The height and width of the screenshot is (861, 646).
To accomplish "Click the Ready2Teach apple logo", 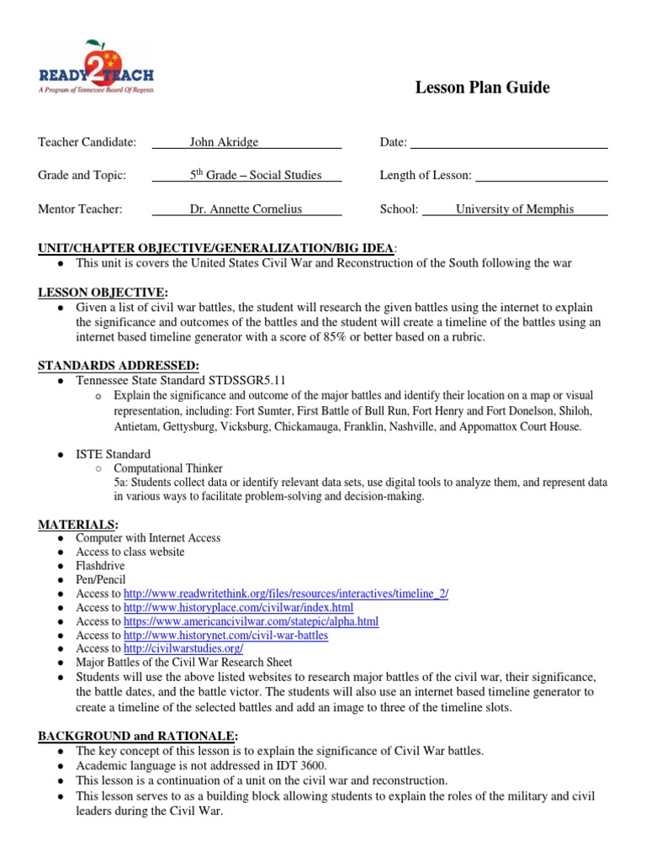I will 96,67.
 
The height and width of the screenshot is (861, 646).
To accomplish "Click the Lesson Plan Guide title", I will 482,87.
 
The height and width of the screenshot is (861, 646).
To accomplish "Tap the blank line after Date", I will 508,144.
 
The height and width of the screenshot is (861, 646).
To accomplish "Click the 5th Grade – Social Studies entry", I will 256,175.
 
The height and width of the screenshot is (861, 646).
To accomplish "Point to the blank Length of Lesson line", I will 541,177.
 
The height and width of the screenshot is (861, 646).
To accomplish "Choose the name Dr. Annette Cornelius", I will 246,209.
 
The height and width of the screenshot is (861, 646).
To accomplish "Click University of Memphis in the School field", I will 515,209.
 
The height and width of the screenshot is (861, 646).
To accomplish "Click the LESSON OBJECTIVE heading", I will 102,292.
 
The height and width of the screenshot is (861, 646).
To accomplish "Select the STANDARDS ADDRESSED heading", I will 119,365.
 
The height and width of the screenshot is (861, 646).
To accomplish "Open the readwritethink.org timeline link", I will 286,594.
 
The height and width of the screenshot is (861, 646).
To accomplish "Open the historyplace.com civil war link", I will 238,607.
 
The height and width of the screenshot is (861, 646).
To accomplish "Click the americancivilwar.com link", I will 251,621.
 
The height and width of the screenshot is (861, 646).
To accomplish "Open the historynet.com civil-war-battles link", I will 225,635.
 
